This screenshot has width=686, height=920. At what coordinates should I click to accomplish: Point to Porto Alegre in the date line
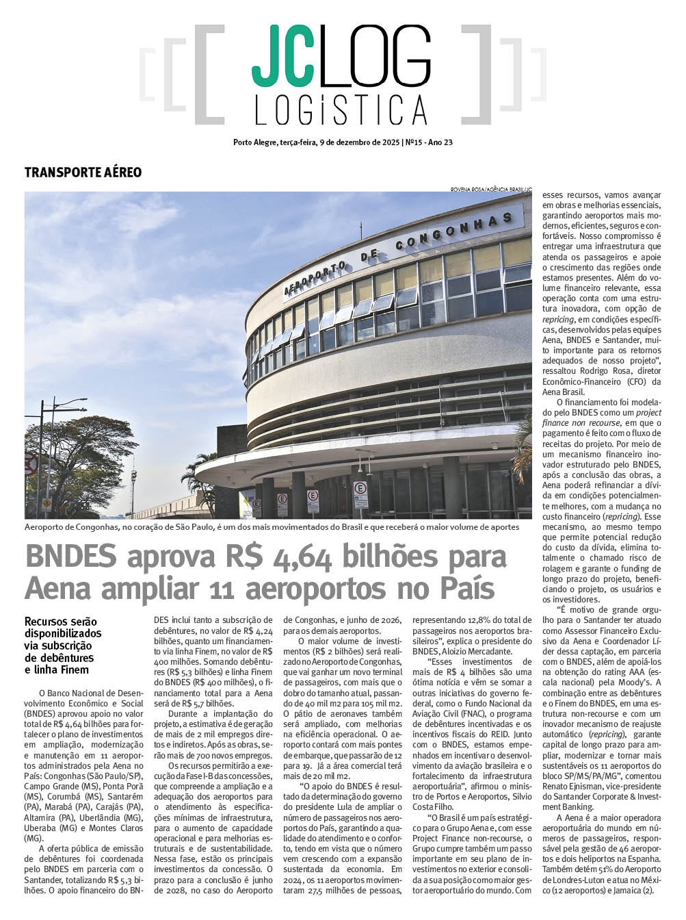coord(254,143)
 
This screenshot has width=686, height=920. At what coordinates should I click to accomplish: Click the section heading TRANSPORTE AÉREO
coord(83,172)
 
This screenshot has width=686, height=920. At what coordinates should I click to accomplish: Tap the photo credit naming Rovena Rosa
coord(490,189)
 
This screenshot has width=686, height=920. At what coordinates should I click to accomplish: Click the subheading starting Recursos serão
coord(62,645)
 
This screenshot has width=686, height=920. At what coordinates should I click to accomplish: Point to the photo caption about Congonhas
coord(272,527)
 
